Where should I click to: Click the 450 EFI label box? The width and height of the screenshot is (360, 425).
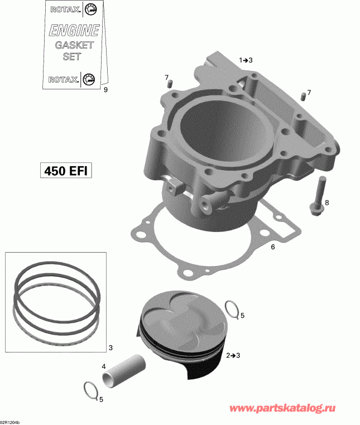[65, 170]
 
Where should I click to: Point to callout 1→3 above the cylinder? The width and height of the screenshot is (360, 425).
[246, 60]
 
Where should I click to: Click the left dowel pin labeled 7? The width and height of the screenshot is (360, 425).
[170, 84]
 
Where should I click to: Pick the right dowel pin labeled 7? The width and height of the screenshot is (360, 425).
[303, 95]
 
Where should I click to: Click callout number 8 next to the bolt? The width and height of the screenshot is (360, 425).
[327, 202]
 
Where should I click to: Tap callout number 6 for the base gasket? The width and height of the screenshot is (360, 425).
[273, 246]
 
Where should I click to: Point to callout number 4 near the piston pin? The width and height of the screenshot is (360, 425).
[103, 366]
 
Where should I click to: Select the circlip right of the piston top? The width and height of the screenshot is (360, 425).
[232, 308]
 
